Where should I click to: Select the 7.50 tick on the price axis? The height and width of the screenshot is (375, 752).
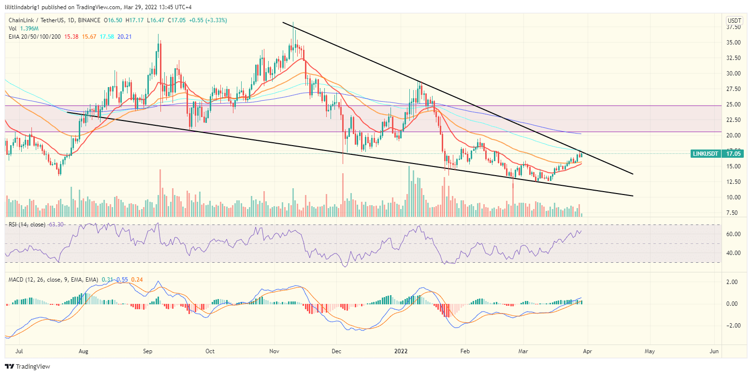(x=734, y=213)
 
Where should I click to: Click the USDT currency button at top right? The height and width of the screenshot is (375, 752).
(x=735, y=20)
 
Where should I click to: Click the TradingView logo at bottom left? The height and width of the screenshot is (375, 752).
(x=28, y=367)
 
